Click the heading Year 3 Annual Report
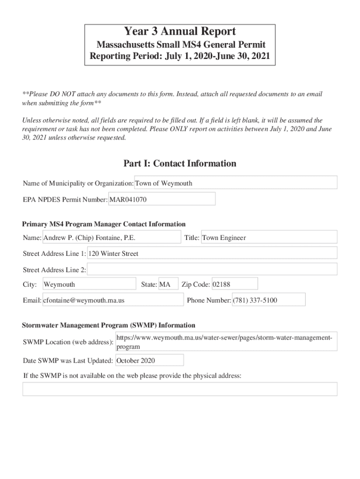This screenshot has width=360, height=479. pyautogui.click(x=180, y=32)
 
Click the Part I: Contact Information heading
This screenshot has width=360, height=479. pyautogui.click(x=180, y=163)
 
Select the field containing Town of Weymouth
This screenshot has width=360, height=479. pyautogui.click(x=236, y=183)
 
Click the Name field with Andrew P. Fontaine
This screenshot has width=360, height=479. pyautogui.click(x=111, y=238)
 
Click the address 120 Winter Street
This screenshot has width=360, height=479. pyautogui.click(x=212, y=254)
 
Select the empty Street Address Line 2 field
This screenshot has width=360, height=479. pyautogui.click(x=212, y=269)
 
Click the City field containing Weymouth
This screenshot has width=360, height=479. pyautogui.click(x=89, y=284)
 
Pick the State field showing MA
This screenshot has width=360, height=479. pyautogui.click(x=168, y=284)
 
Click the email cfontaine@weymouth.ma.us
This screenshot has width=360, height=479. pyautogui.click(x=112, y=300)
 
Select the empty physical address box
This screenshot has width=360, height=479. pyautogui.click(x=180, y=389)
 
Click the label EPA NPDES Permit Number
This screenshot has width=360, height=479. pyautogui.click(x=65, y=200)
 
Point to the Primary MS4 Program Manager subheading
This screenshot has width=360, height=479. pyautogui.click(x=104, y=224)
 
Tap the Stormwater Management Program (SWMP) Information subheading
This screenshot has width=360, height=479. pyautogui.click(x=109, y=325)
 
